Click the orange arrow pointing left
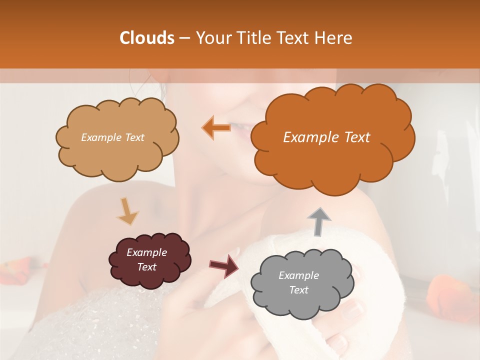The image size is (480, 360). pyautogui.click(x=216, y=127)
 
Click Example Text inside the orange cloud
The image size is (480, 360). pyautogui.click(x=326, y=137)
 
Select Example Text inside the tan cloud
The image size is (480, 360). pyautogui.click(x=112, y=137)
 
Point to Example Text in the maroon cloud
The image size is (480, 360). pyautogui.click(x=146, y=259)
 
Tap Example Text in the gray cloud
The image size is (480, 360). pyautogui.click(x=298, y=282)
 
